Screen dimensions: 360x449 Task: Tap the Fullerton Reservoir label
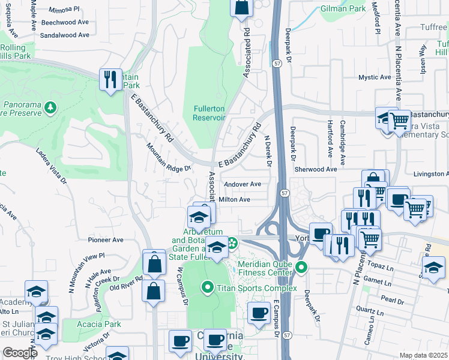click(209, 113)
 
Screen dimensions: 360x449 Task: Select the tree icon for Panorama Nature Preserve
click(52, 107)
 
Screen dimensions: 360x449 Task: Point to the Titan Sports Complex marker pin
click(208, 288)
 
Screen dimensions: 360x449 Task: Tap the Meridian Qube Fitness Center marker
click(301, 266)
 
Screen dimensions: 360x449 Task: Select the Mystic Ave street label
click(375, 77)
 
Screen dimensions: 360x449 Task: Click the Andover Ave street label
click(242, 184)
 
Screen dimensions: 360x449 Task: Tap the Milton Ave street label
click(234, 199)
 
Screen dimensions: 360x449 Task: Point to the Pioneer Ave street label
click(106, 240)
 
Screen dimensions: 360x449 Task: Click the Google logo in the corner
click(20, 353)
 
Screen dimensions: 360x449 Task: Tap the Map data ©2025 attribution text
click(423, 355)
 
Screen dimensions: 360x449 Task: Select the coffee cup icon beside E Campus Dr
click(259, 313)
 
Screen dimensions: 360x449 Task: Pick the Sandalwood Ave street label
click(64, 35)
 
